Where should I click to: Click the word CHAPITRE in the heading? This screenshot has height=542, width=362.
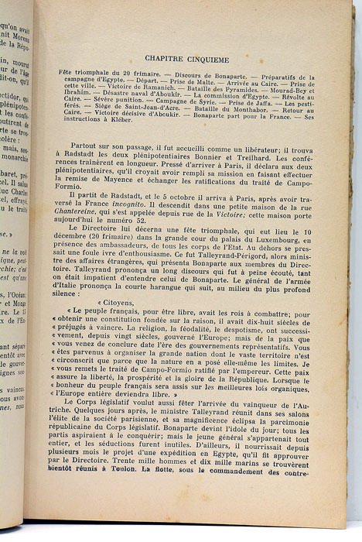172,58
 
